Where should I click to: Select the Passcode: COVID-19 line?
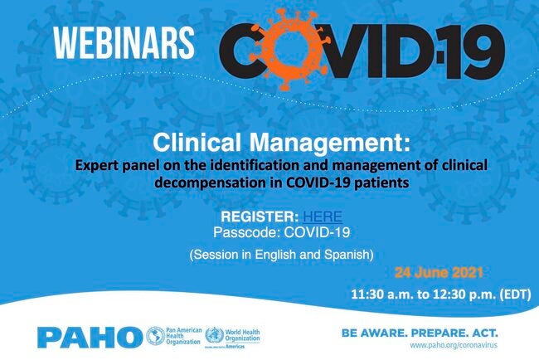point(269,231)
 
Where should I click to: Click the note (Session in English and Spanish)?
point(269,253)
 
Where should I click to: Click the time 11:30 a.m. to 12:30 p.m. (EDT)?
point(440,294)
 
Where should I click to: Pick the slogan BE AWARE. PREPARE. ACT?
point(420,331)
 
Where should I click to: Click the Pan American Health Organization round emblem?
point(154,336)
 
